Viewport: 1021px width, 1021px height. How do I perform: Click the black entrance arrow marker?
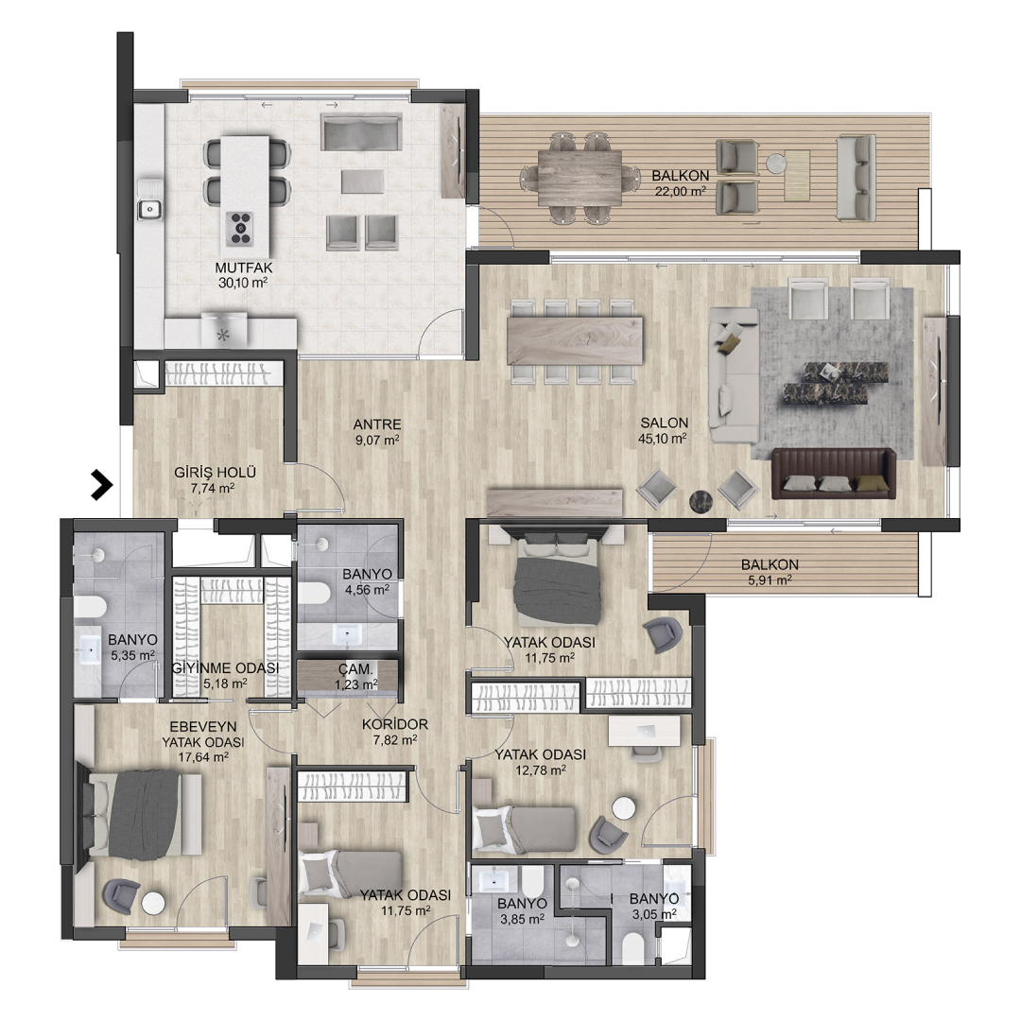pos(101,485)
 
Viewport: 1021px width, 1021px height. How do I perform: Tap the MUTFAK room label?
pos(244,268)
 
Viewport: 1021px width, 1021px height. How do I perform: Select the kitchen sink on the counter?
pos(149,209)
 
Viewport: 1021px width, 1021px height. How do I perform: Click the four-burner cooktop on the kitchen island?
pos(239,229)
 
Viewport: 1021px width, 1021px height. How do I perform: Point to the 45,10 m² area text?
pos(662,439)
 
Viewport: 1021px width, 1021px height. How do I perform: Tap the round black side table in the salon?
pos(701,501)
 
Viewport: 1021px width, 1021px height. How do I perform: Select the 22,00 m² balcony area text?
pos(680,191)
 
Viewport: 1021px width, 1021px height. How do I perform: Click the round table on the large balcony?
pos(775,163)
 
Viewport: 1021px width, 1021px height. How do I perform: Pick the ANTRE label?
pos(377,424)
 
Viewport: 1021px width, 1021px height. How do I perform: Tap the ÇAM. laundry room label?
pos(355,668)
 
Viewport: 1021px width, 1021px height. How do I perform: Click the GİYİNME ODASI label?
pos(225,668)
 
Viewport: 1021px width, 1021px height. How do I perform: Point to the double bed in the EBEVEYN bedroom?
pos(139,815)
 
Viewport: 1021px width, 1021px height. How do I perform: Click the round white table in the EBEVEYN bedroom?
pos(154,903)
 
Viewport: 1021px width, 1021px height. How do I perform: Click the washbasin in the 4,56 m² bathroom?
pos(348,634)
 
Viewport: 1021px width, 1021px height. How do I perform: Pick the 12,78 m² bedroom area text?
pos(539,770)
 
